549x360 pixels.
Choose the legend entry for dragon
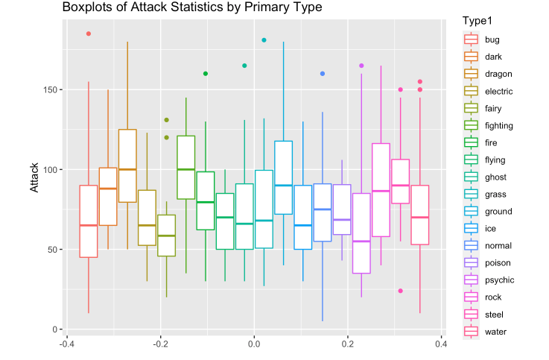(497, 74)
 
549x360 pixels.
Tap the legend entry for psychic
(498, 280)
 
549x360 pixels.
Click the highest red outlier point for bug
(89, 34)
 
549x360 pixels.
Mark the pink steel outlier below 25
(401, 291)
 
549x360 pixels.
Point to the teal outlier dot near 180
(264, 40)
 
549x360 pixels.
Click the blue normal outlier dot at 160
(323, 74)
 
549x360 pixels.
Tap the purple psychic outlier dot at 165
(361, 66)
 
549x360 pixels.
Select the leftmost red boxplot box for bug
(89, 221)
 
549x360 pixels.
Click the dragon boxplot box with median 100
(127, 165)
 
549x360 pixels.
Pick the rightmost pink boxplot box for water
(420, 215)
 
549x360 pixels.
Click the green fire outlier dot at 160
(206, 74)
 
